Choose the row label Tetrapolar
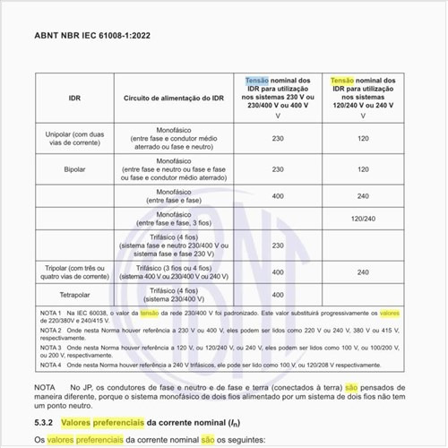(63, 295)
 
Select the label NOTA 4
(53, 365)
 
